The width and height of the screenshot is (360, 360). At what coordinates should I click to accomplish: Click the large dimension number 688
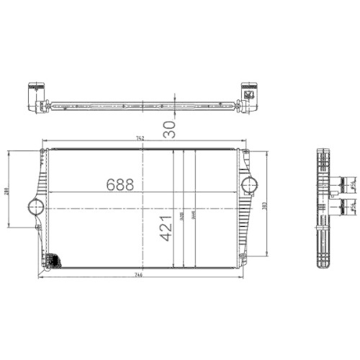pos(120,184)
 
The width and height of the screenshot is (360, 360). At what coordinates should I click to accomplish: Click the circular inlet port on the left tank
pos(35,207)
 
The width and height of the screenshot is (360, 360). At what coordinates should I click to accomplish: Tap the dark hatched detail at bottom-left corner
pos(51,258)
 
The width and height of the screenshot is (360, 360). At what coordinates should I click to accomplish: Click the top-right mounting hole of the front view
pos(246,152)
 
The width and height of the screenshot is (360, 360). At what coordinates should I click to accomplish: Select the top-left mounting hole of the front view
pos(40,151)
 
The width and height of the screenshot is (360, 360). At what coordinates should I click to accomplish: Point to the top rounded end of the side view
pos(325,152)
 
